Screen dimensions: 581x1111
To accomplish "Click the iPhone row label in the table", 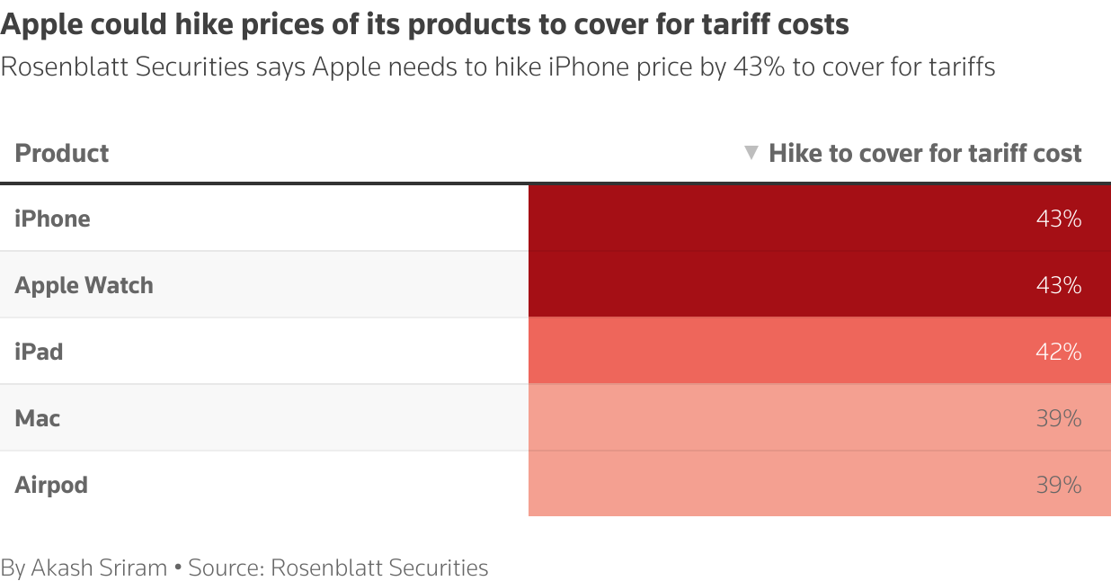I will (x=52, y=219).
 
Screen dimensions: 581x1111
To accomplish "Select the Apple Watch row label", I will (x=84, y=285).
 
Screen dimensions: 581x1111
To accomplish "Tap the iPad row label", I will (x=39, y=352).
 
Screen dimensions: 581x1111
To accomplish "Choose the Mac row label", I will (x=38, y=418).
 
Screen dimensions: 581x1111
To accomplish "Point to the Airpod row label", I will (x=51, y=485).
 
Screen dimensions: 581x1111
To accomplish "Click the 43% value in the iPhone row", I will (x=1058, y=219).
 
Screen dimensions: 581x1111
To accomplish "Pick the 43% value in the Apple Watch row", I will (x=1058, y=285).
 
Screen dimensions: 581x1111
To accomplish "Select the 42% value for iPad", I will (x=1058, y=352).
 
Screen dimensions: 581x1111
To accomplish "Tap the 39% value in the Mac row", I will (x=1058, y=418).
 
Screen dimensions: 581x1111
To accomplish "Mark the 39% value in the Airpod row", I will (x=1058, y=485).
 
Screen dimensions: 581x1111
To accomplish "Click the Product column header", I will (x=62, y=153).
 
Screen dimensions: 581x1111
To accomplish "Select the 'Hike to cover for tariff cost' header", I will (x=925, y=153).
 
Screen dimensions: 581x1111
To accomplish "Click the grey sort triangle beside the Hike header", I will (x=752, y=153).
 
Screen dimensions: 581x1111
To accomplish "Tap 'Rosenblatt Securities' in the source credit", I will (x=379, y=568).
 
